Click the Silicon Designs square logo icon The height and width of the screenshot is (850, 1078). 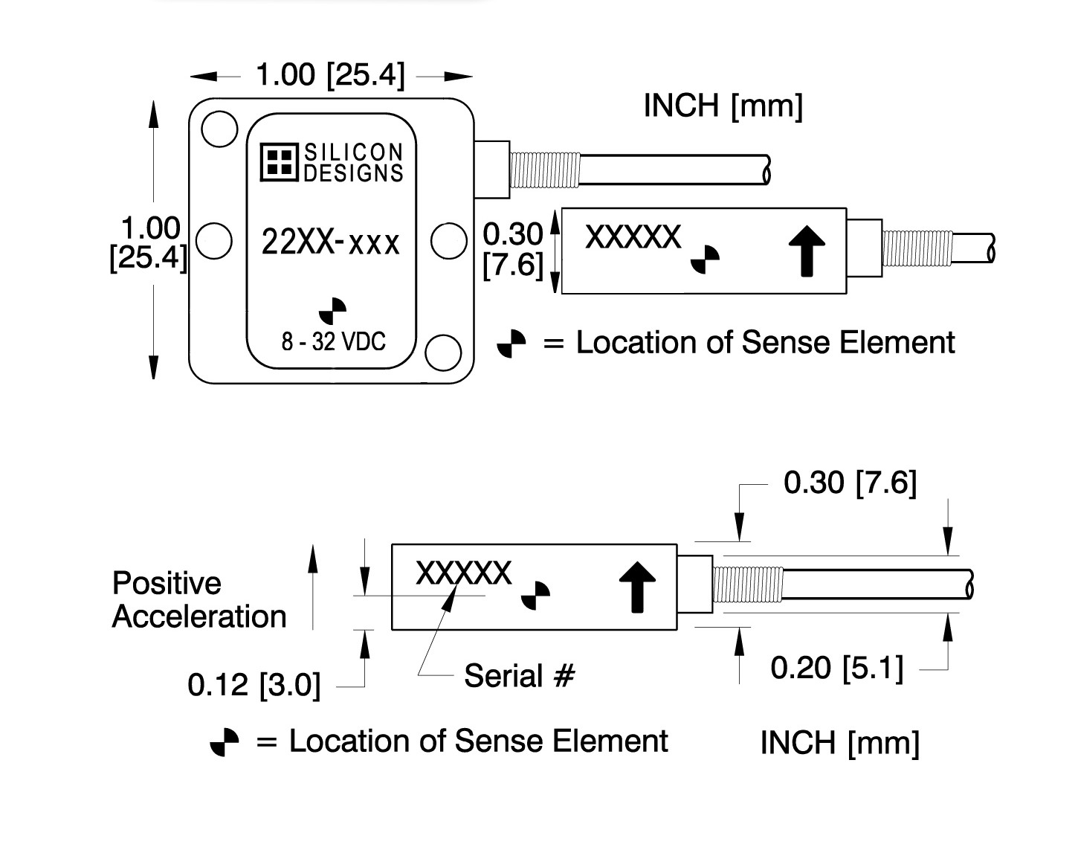[280, 163]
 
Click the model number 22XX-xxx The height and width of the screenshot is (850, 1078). [331, 242]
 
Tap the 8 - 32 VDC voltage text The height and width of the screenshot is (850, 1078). [333, 341]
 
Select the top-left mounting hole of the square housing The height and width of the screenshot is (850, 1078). [219, 129]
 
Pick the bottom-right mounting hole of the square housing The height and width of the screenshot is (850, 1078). [443, 352]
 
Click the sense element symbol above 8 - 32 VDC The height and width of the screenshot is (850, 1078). [333, 312]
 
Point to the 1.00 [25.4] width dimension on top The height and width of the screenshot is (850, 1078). [330, 75]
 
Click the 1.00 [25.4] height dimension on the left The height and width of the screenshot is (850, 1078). [149, 242]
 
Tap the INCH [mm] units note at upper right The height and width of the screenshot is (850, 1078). [723, 106]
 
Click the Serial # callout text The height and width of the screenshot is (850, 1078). [520, 675]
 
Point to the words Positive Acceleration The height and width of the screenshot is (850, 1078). [199, 599]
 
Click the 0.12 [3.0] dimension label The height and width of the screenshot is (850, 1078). [254, 684]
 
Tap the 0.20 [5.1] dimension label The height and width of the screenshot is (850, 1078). [837, 667]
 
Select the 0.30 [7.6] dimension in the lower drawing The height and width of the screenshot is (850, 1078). [850, 483]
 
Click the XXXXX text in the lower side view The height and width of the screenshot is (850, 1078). [463, 573]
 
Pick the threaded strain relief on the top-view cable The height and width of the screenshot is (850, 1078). [544, 170]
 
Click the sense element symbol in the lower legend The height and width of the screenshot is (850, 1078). [225, 741]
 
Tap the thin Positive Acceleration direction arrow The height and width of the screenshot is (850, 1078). [313, 587]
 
